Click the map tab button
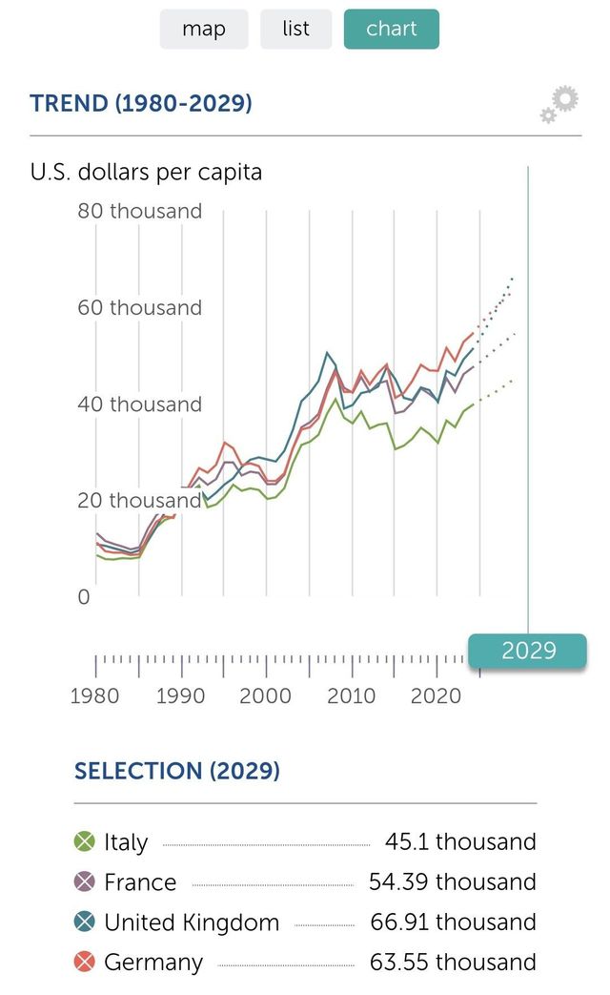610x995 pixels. pos(204,30)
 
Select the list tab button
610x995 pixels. pos(296,30)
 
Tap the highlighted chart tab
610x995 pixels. pos(391,30)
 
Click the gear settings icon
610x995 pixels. pos(559,104)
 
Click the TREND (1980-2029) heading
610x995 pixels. pos(141,103)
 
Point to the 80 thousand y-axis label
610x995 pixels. pos(140,211)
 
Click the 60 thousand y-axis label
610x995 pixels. pos(140,307)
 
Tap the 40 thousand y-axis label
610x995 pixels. pos(140,404)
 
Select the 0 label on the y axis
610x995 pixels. pos(84,597)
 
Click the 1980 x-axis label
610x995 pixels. pos(95,695)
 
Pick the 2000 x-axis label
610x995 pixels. pos(266,695)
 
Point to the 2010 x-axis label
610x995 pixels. pos(352,695)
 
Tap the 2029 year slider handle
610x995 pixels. pos(528,651)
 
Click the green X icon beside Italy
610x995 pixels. pos(85,841)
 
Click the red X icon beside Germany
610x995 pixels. pos(85,962)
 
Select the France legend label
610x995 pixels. pos(140,882)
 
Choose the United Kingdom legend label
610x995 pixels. pos(192,922)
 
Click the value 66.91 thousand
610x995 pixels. pos(453,922)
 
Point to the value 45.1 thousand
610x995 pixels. pos(460,841)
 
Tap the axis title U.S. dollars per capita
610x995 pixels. pos(146,173)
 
